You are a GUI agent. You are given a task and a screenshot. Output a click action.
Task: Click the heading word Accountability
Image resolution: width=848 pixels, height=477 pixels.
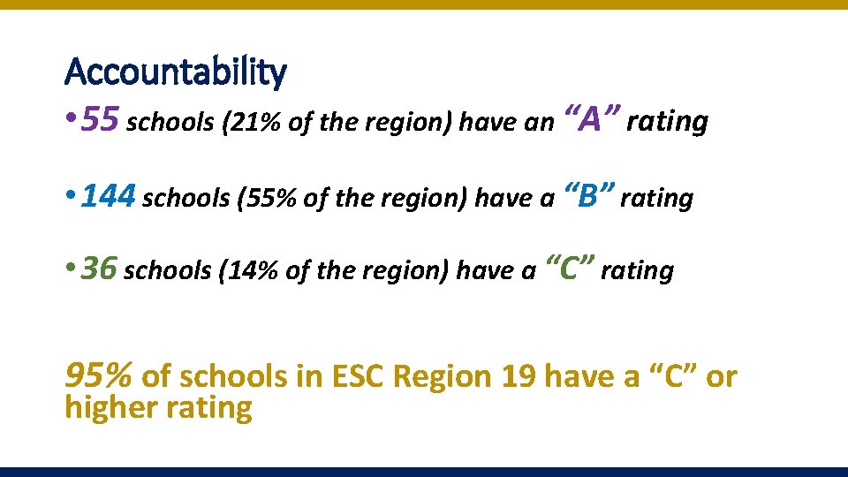pos(176,72)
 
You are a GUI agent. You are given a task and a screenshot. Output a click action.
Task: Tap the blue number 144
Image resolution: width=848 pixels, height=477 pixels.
pos(108,196)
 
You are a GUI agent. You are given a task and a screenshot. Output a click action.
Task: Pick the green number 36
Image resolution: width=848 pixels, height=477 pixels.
pos(99,269)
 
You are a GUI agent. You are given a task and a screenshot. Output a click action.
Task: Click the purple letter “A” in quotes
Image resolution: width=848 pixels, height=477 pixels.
pos(587,118)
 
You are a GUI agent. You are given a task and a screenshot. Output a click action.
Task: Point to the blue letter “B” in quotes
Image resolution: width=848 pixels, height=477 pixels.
pos(587,195)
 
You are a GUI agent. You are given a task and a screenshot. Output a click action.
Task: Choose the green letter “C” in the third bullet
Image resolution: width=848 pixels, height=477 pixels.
pos(571,267)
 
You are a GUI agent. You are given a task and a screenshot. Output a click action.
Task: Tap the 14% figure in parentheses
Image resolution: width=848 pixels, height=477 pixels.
pos(254,271)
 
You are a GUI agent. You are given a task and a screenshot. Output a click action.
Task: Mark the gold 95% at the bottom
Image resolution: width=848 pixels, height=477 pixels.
pos(99,376)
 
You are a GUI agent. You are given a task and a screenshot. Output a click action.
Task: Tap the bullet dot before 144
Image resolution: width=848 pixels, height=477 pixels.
pos(70,198)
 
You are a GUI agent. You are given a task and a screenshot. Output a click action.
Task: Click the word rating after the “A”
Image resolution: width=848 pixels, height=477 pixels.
pos(667,122)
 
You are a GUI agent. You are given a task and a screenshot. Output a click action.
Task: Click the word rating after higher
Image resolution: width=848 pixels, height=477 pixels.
pos(211,408)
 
